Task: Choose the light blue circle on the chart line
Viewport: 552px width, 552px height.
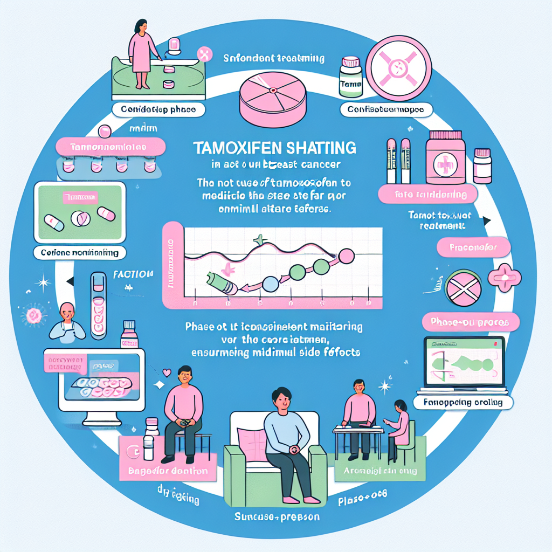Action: [271, 284]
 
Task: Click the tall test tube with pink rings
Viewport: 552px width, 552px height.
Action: [99, 305]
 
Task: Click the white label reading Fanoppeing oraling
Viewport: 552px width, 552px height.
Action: [463, 402]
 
